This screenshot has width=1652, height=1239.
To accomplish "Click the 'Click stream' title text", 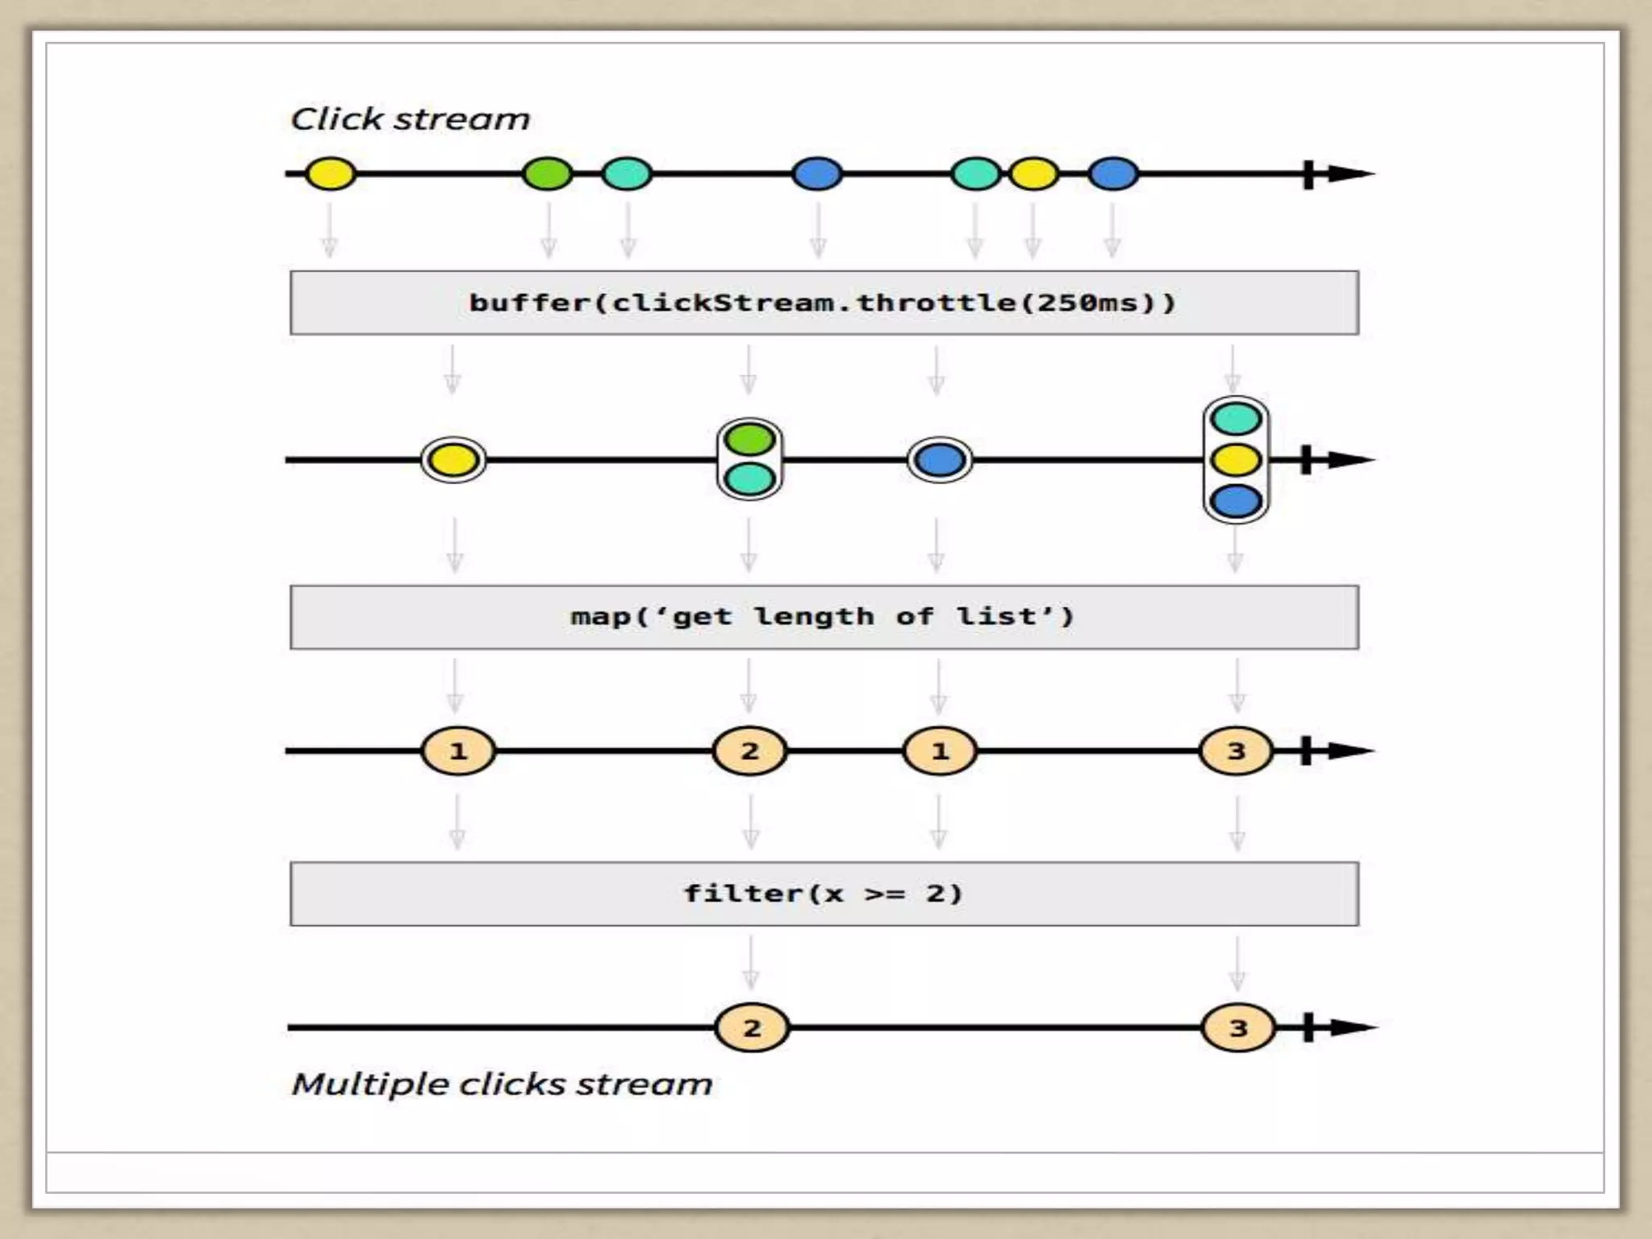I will (x=410, y=119).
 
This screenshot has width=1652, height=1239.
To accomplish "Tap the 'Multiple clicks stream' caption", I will (x=502, y=1084).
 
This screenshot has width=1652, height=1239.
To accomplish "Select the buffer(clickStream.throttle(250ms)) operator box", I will (x=824, y=302).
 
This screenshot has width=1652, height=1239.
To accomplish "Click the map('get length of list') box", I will (x=824, y=617).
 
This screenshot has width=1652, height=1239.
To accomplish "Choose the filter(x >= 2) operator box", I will (x=824, y=894).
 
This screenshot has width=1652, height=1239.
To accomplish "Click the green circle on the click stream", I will (x=548, y=173).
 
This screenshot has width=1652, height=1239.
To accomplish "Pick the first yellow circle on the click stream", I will (x=331, y=173).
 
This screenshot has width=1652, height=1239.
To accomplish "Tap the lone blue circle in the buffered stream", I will (x=940, y=461).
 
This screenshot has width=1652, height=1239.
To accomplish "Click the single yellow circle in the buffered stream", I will (x=453, y=461).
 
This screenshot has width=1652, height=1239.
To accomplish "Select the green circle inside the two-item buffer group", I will (x=749, y=440).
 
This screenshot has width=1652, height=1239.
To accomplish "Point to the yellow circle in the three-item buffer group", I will (x=1236, y=460).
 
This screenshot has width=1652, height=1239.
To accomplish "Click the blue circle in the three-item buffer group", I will (x=1236, y=501).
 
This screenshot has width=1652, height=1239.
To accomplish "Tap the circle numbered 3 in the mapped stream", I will (x=1236, y=751).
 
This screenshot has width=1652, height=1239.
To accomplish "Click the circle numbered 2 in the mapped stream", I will (x=749, y=751).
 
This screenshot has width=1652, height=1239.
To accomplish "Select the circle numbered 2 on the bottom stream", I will (x=752, y=1028).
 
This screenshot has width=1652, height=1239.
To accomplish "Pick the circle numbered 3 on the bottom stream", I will (x=1238, y=1028).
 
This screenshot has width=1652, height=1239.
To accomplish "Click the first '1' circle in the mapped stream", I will (x=458, y=751).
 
